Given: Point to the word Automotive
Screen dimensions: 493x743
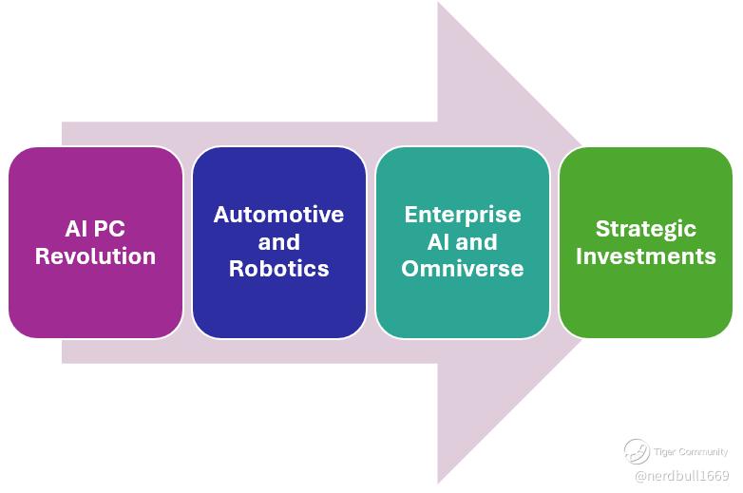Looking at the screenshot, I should pos(278,215).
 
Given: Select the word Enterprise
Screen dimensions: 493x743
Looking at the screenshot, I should pos(463,215).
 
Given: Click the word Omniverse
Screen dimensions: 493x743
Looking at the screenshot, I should pos(463,268).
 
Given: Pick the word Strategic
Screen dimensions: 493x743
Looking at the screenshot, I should pos(646,229).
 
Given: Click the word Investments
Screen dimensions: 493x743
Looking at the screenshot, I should pos(646,256).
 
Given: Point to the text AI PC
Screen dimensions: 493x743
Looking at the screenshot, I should pos(95,230).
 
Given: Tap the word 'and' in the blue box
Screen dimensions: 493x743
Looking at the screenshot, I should pos(278,241).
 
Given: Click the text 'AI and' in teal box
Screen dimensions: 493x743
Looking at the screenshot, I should pos(463,241).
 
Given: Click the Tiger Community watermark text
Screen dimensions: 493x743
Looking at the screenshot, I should pos(691,452).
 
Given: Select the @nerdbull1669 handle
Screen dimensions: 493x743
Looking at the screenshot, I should pos(681,475).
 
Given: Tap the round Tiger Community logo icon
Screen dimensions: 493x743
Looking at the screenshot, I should pos(637,452).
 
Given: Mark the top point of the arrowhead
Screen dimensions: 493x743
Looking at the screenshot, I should pos(438,4).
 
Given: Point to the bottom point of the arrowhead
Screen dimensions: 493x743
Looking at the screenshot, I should pos(438,482).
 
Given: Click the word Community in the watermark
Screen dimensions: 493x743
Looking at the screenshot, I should pos(703,452).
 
